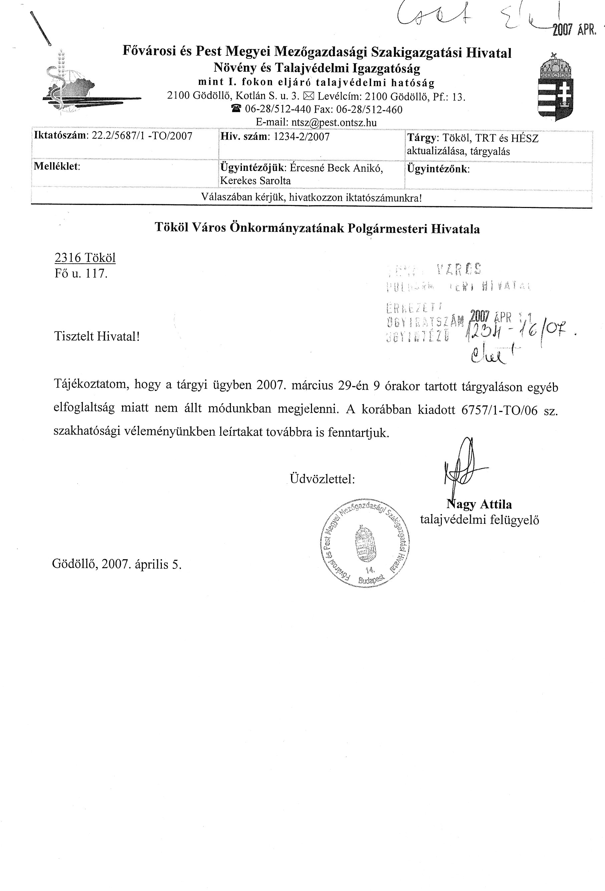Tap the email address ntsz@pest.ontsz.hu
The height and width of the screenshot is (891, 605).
click(334, 123)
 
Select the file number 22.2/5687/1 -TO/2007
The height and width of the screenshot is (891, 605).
click(142, 137)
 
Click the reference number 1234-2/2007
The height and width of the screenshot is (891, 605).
click(302, 137)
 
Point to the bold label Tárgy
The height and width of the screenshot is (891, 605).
click(422, 138)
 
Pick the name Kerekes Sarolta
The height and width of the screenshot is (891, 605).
click(256, 181)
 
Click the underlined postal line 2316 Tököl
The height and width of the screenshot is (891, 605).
click(85, 258)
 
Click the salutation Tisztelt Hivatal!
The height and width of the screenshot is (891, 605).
click(97, 336)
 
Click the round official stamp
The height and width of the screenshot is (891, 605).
click(364, 542)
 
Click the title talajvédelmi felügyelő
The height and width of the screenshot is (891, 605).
click(479, 520)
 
